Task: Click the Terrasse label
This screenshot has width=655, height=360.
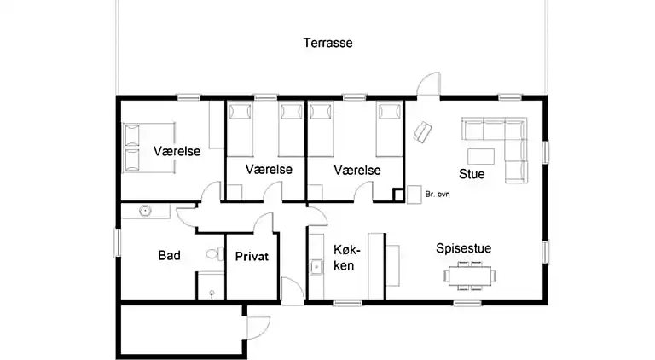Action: (x=327, y=43)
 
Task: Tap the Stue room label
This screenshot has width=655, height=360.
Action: (x=472, y=175)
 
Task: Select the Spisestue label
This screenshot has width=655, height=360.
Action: (x=463, y=248)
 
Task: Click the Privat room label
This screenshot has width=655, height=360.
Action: (x=252, y=255)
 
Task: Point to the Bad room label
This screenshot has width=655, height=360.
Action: (x=169, y=255)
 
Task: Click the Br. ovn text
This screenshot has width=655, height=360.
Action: (x=437, y=195)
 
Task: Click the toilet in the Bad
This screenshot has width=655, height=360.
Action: (x=212, y=254)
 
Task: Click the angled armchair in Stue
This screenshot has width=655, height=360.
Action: (x=423, y=132)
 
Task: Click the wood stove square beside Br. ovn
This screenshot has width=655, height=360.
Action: (x=398, y=195)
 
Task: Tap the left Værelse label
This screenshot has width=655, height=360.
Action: (x=177, y=151)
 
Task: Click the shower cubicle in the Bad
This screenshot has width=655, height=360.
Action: (x=210, y=286)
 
